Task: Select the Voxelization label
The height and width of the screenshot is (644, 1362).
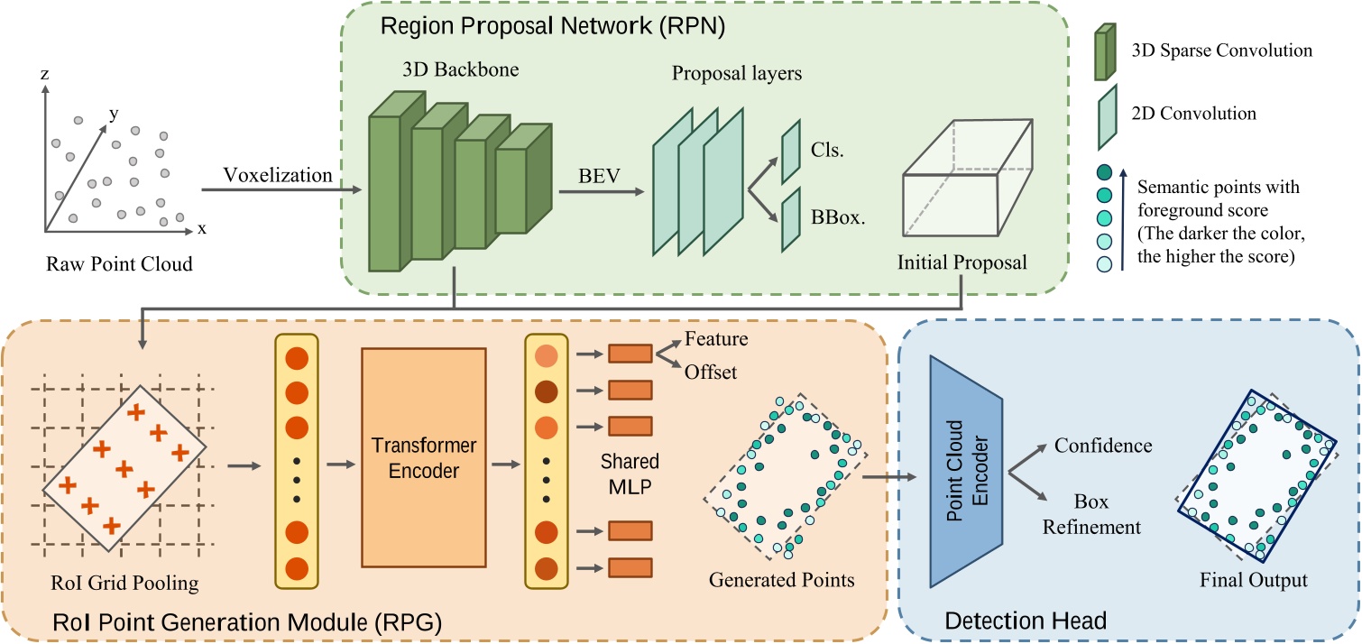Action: tap(278, 175)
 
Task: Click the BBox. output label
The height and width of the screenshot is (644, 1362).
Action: tap(833, 216)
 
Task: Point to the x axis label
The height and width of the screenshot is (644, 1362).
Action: tap(202, 228)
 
